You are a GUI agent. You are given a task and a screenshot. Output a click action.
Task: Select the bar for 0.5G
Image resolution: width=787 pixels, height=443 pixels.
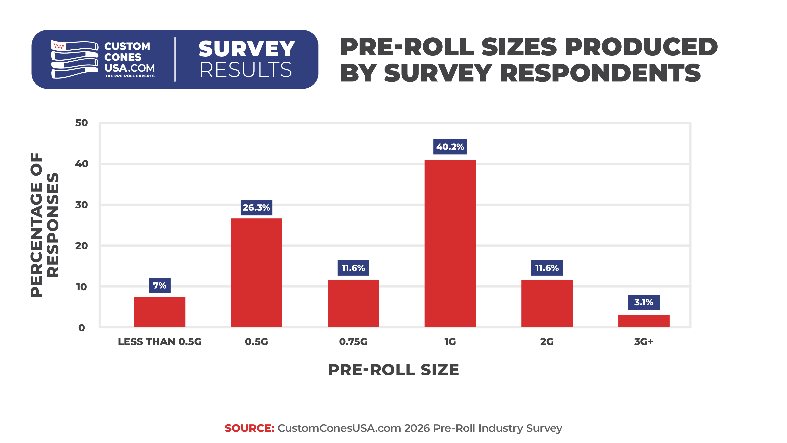[x=256, y=273]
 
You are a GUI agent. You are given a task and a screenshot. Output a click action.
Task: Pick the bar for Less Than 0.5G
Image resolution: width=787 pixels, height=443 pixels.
[x=160, y=312]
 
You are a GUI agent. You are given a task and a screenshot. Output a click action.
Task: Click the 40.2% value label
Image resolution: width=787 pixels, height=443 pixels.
[x=450, y=147]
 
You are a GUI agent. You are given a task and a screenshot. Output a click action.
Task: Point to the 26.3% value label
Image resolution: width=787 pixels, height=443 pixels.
[x=256, y=208]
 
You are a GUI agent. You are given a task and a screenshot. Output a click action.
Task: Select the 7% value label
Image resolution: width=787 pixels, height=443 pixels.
[x=160, y=286]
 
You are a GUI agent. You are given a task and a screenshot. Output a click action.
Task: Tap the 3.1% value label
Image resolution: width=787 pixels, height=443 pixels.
[x=644, y=302]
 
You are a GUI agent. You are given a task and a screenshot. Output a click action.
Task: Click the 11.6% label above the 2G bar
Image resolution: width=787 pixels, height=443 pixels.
[x=547, y=268]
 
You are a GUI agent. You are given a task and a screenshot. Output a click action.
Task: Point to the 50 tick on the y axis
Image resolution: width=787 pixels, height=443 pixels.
[x=82, y=123]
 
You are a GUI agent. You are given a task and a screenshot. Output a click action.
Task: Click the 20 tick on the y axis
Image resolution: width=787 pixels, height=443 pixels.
[x=82, y=246]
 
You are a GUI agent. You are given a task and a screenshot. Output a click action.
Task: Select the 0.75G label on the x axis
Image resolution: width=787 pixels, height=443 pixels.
[x=353, y=341]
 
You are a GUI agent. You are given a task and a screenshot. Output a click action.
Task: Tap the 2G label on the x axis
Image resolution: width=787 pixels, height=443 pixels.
[x=547, y=341]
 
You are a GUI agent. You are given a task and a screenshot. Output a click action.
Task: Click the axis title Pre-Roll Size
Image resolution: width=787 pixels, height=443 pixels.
[x=393, y=370]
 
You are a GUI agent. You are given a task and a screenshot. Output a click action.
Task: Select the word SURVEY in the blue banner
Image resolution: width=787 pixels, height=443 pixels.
[x=247, y=49]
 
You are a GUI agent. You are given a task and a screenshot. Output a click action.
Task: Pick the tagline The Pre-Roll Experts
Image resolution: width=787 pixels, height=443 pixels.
[x=130, y=76]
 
